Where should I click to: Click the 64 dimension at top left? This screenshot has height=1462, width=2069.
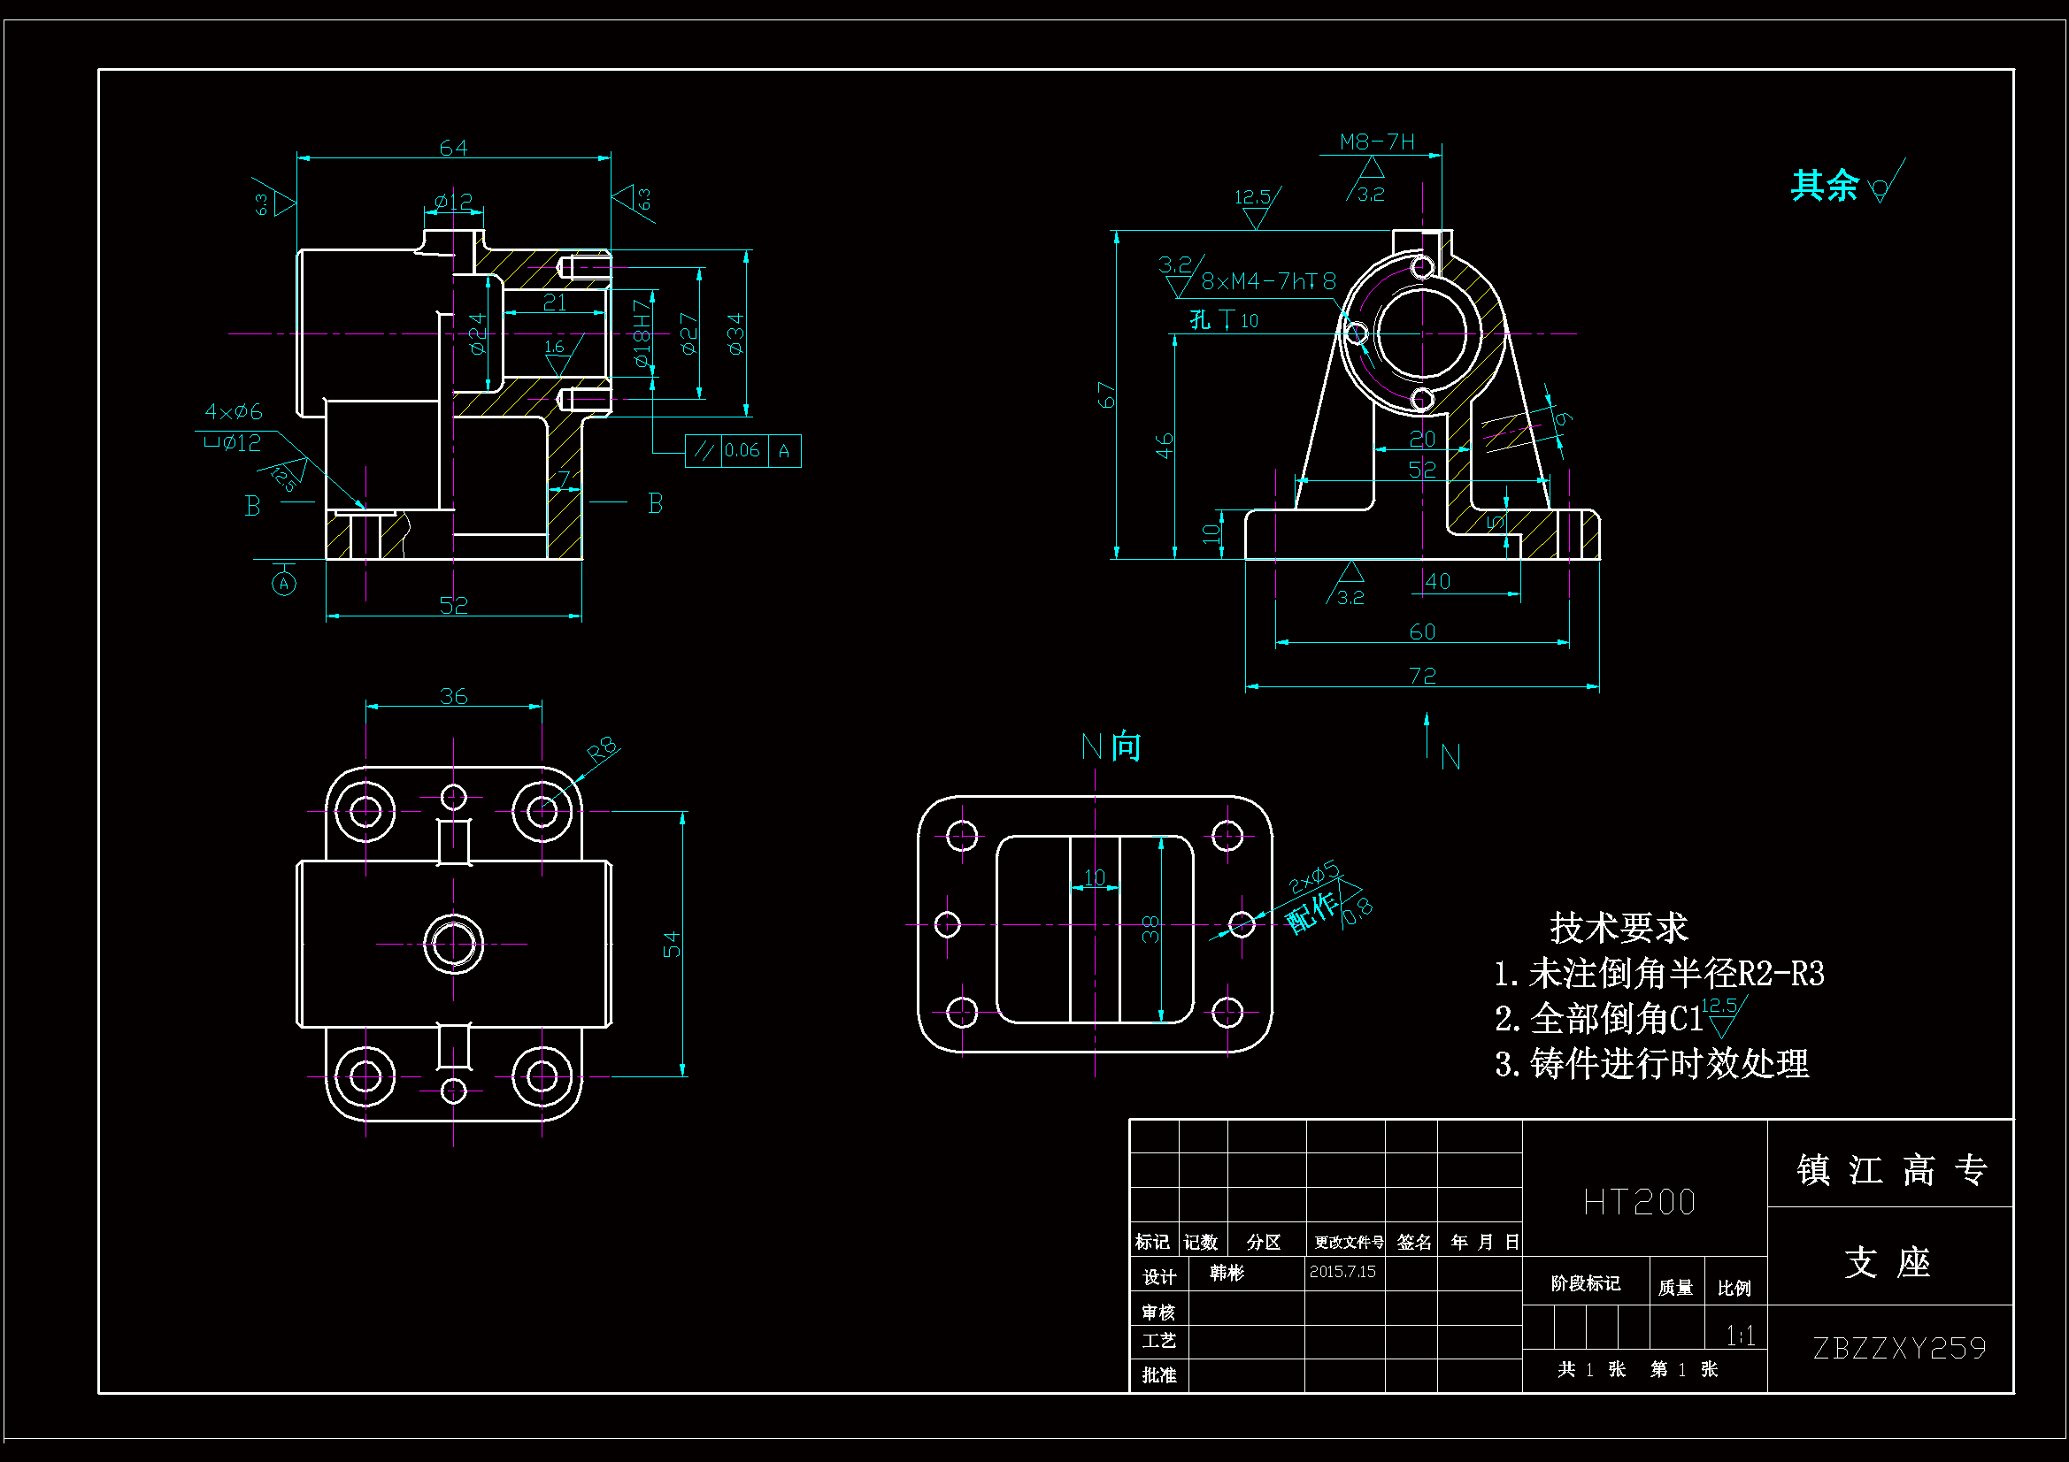452,148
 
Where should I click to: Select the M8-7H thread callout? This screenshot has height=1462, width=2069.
1376,142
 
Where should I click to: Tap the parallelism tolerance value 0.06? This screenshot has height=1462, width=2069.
742,450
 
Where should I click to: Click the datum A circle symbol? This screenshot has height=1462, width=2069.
284,584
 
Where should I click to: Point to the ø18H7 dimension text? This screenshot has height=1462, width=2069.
641,333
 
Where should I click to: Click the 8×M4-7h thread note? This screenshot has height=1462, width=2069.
1268,282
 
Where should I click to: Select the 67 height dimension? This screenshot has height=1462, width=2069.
1105,394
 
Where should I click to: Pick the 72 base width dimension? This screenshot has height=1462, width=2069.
1422,675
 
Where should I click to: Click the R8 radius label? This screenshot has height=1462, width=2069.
602,748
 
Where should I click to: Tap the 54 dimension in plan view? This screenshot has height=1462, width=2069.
672,944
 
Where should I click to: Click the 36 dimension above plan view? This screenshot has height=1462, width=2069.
453,696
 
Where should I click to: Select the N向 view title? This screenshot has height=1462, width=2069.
1111,746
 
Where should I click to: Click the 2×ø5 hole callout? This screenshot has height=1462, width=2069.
1313,877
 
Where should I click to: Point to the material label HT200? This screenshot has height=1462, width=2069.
1639,1202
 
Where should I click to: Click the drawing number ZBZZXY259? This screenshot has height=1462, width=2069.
1899,1348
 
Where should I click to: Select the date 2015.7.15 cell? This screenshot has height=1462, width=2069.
1342,1271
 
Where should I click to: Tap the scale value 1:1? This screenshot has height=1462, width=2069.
1739,1335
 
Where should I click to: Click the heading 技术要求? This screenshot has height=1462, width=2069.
1618,927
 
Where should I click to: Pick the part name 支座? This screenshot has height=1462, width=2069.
1887,1262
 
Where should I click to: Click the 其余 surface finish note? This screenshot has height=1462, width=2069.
1824,186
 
